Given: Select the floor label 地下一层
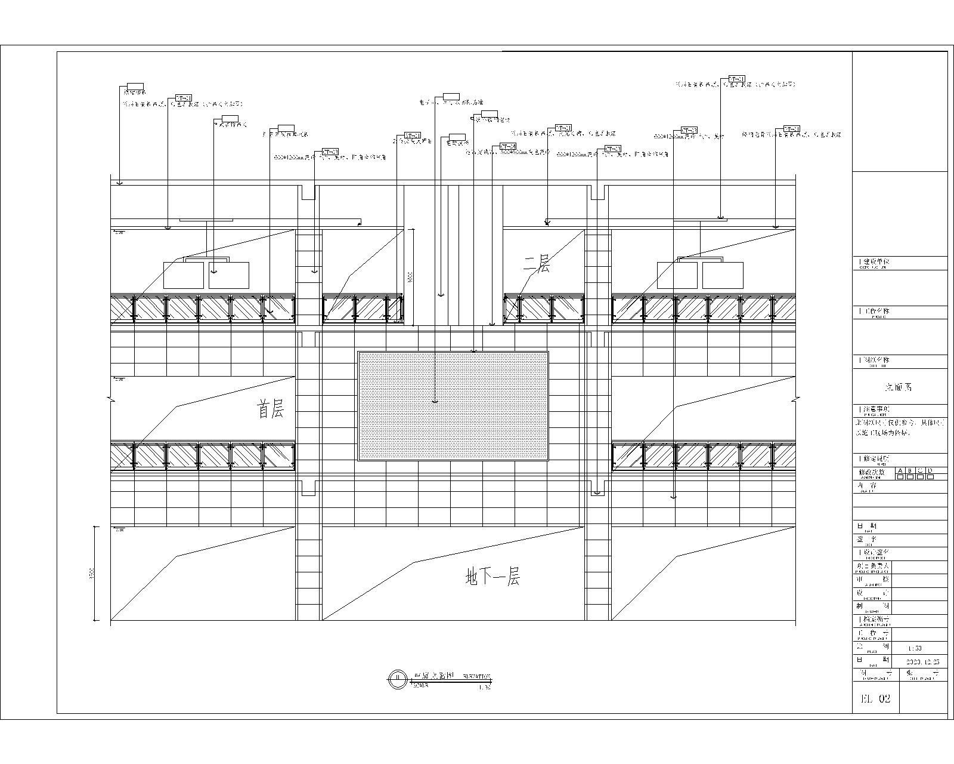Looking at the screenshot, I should coord(492,577).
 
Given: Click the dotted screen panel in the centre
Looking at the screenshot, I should coord(453,406).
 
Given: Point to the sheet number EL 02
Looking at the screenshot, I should coord(874,699).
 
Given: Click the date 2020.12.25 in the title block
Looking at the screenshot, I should coord(922,661).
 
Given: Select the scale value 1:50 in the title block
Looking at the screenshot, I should coord(914,648).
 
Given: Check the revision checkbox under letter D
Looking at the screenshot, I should coord(930,476).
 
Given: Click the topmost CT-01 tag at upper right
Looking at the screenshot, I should coord(736,79).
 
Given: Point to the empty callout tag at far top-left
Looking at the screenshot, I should coord(135,86).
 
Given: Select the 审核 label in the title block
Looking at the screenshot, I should coord(872,579).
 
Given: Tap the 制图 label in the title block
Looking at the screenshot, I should coord(872,605).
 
